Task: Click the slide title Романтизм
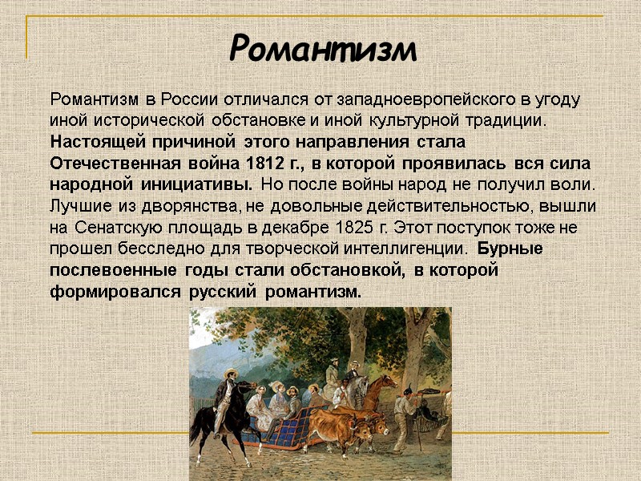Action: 323,50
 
